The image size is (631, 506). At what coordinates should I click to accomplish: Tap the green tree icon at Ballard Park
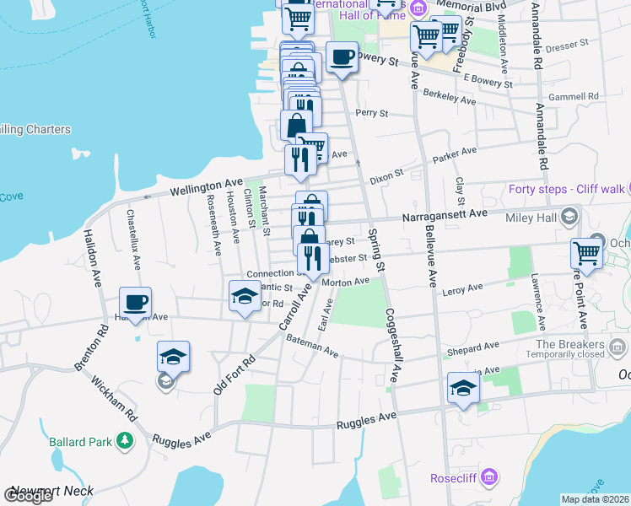coord(125,440)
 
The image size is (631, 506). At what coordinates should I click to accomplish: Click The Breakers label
coord(569,344)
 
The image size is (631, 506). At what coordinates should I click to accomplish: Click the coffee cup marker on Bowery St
coord(342,58)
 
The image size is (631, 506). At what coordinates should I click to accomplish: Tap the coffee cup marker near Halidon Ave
coord(135,303)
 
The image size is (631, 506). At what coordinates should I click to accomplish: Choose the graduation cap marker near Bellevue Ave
coord(463,388)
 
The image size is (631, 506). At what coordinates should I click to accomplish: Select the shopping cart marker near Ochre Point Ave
coord(586,252)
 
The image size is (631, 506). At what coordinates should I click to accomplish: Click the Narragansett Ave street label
coord(445,215)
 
